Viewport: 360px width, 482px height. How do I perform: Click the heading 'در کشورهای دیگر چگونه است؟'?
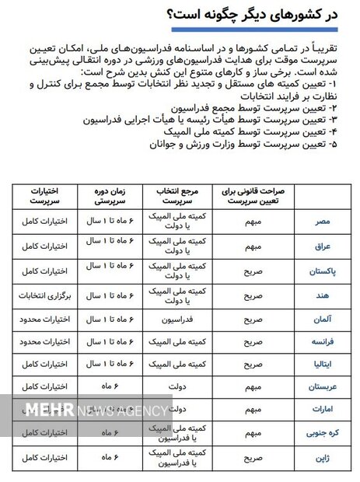pyautogui.click(x=257, y=15)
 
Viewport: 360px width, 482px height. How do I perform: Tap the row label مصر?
pyautogui.click(x=322, y=222)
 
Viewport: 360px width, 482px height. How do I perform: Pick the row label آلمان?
pyautogui.click(x=321, y=320)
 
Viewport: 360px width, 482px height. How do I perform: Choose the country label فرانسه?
pyautogui.click(x=320, y=341)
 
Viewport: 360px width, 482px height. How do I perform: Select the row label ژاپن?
pyautogui.click(x=321, y=452)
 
